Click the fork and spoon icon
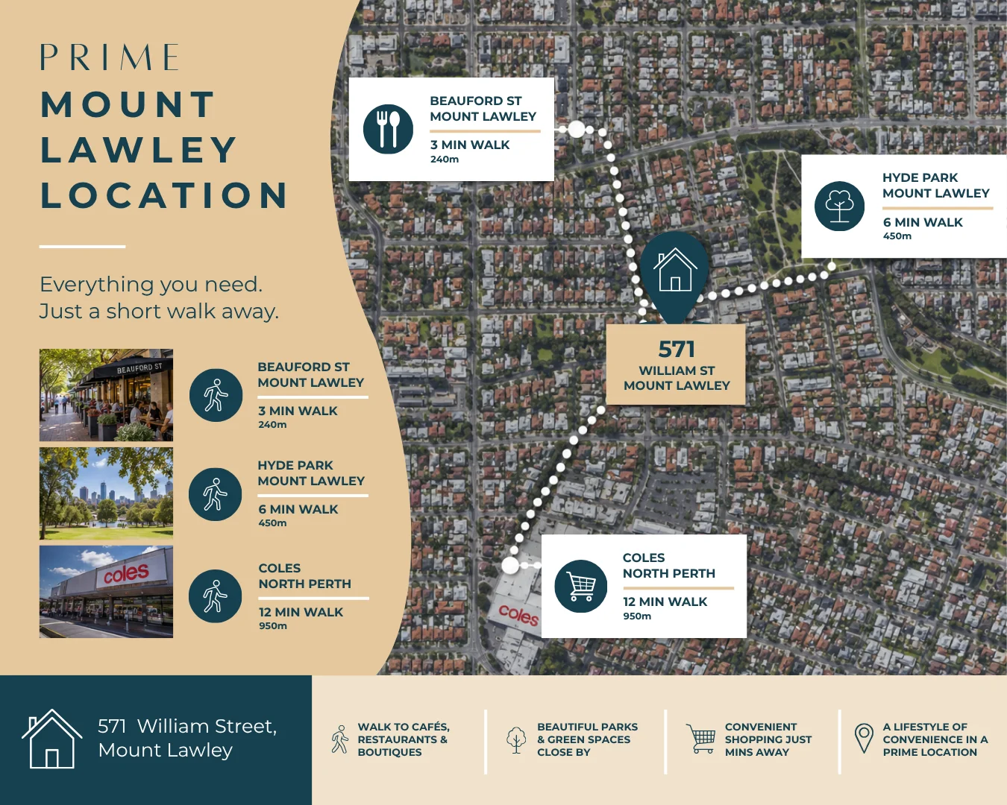(388, 129)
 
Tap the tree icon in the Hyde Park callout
(839, 206)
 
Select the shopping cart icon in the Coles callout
(581, 586)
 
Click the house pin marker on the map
(674, 276)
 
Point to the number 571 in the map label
(676, 349)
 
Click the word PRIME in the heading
(110, 57)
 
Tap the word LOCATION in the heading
(164, 195)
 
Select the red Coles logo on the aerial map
(518, 614)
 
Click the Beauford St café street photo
(106, 395)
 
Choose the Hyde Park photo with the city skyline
(106, 493)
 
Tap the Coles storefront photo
(106, 592)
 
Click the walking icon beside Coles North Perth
(216, 596)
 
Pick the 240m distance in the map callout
(445, 159)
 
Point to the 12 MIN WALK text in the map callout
(665, 602)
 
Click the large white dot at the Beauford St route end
(577, 129)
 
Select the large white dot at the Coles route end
(510, 566)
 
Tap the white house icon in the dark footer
(51, 739)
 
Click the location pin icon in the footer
(864, 739)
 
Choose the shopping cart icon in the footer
(701, 739)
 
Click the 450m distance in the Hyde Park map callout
(897, 236)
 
